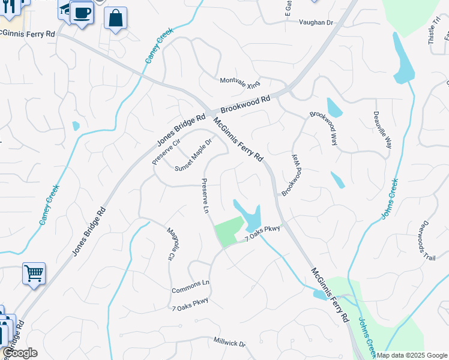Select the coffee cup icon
(x=82, y=12)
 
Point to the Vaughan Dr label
(x=316, y=22)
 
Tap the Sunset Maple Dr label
(x=193, y=155)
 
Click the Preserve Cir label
(x=166, y=150)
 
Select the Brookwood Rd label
(x=245, y=105)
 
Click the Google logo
(x=20, y=353)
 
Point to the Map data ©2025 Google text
(x=412, y=355)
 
